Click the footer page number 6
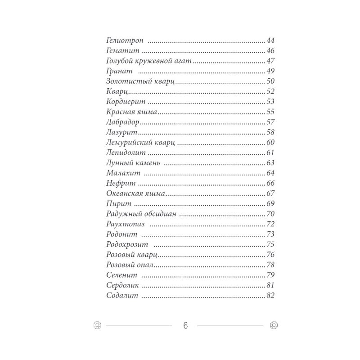(184, 325)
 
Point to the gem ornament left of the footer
(96, 325)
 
